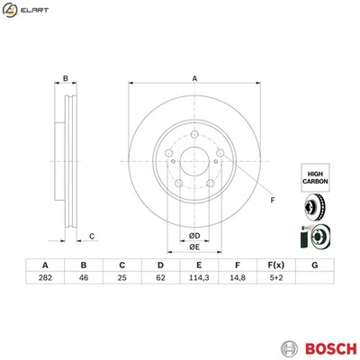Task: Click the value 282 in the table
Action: click(44, 280)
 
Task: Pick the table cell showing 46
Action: click(83, 280)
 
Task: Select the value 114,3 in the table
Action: click(198, 280)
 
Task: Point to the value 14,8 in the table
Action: click(237, 280)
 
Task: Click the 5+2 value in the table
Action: click(275, 280)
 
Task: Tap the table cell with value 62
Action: click(160, 280)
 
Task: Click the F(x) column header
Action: click(275, 265)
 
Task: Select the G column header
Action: click(314, 265)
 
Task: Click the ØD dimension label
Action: click(193, 236)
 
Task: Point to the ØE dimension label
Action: click(193, 248)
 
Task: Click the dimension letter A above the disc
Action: click(193, 78)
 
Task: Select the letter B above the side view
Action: click(65, 79)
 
